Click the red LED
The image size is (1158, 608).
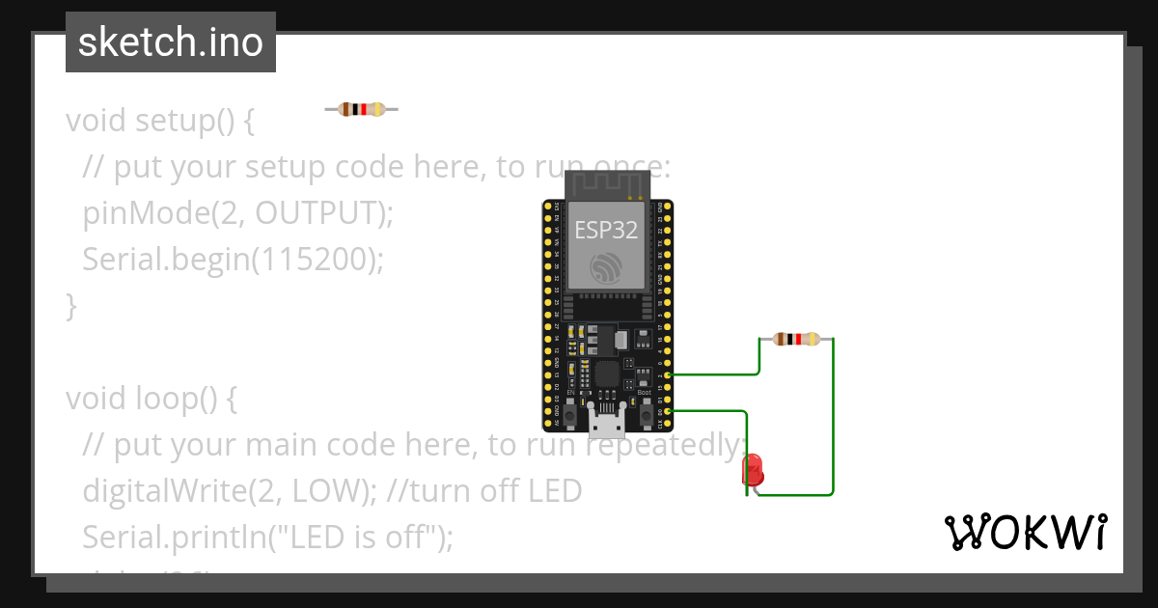tap(753, 471)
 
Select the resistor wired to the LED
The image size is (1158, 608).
tap(796, 339)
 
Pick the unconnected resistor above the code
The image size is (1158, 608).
tap(361, 109)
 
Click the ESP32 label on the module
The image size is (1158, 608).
tap(606, 230)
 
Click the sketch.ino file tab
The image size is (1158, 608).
tap(171, 42)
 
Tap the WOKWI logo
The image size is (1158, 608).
tap(1025, 532)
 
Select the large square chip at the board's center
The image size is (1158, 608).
tap(607, 374)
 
